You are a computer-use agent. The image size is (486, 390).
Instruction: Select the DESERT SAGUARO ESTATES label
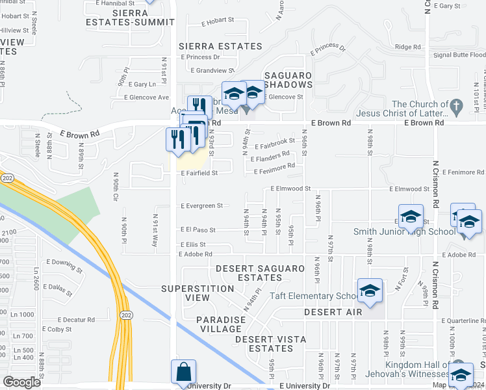point(259,273)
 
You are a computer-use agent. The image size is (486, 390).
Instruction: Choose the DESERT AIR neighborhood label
point(333,313)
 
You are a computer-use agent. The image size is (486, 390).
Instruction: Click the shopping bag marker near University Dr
point(183,373)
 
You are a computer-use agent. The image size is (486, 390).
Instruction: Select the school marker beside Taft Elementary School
point(370,291)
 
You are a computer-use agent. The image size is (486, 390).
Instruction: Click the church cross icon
point(457,105)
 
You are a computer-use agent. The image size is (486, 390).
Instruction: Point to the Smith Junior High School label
point(404,231)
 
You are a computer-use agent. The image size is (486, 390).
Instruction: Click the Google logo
point(21,382)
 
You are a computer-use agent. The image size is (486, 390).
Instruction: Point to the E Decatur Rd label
point(75,320)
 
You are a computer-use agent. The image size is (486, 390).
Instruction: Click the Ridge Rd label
point(408,47)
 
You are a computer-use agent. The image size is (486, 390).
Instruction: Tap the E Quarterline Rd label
point(463,320)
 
